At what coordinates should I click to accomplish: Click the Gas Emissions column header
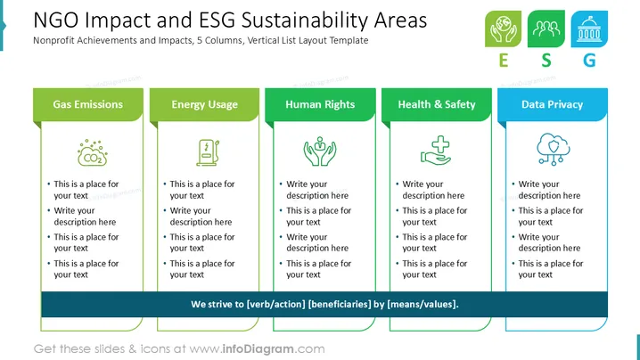[x=88, y=104]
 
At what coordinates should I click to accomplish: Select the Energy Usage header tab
[x=204, y=104]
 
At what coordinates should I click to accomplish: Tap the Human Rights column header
[x=320, y=104]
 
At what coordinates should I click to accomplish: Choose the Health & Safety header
[x=437, y=104]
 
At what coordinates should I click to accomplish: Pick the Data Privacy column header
[x=553, y=104]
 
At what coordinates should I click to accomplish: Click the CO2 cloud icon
[x=93, y=153]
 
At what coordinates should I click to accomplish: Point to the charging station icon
[x=209, y=152]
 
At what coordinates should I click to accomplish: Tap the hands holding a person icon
[x=320, y=151]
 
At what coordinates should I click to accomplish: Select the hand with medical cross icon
[x=436, y=151]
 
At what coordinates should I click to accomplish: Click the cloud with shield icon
[x=553, y=149]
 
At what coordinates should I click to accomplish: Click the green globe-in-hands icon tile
[x=504, y=29]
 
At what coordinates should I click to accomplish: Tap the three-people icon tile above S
[x=546, y=29]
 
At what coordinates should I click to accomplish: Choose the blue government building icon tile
[x=589, y=29]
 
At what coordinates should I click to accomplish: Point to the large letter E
[x=504, y=61]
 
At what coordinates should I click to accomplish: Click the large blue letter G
[x=589, y=61]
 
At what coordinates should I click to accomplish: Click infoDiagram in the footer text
[x=258, y=349]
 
